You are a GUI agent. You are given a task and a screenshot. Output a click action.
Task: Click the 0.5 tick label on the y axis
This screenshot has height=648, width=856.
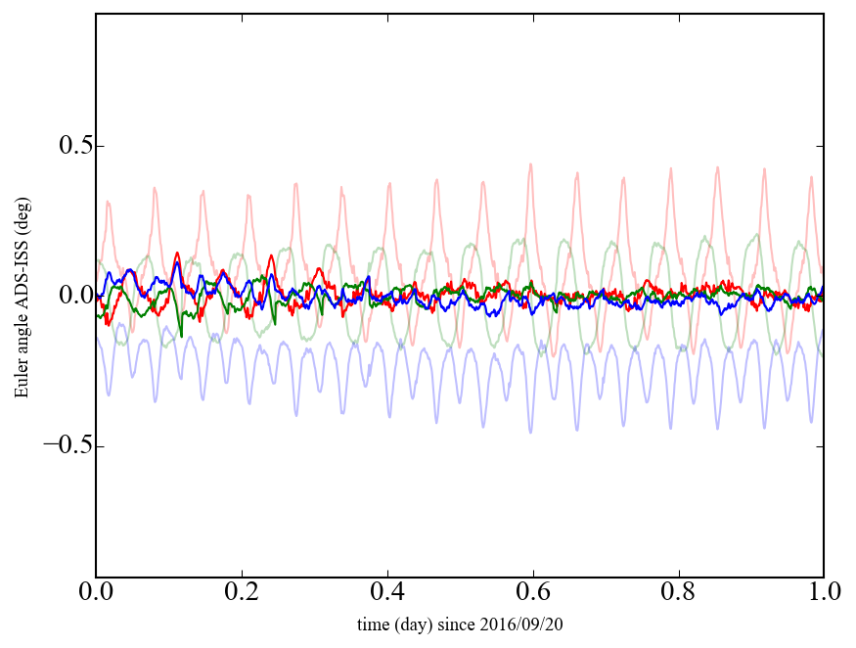click(60, 147)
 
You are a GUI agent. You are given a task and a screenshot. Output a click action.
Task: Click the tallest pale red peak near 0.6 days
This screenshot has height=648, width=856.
click(531, 163)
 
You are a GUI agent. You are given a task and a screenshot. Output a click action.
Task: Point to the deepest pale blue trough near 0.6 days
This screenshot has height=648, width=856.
click(531, 433)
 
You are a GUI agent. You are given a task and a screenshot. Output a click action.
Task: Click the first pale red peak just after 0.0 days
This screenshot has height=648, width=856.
click(108, 202)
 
